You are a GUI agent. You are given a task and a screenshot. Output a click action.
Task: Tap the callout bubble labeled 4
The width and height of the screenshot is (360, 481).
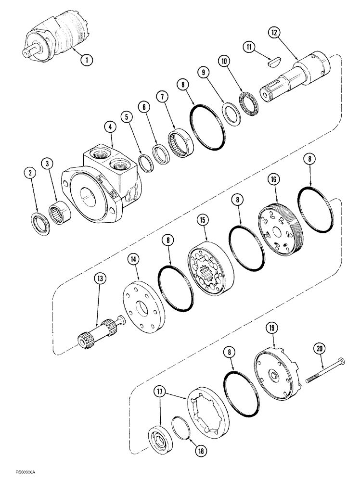pos(112,128)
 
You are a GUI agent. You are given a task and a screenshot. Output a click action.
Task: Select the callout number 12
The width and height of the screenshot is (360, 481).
pos(274,33)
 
